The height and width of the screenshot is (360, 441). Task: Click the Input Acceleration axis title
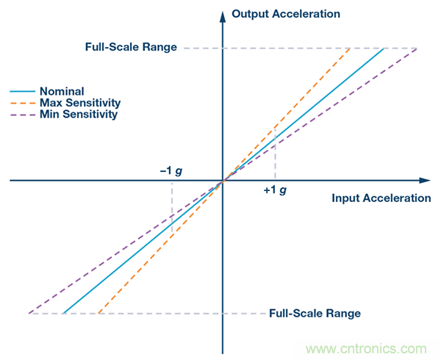[381, 198]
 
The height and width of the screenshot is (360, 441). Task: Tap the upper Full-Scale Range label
[131, 47]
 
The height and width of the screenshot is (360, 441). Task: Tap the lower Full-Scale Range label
[315, 313]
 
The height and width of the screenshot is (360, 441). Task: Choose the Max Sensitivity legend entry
[80, 103]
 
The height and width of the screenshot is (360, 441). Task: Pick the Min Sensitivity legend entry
[79, 115]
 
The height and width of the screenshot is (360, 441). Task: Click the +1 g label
[274, 190]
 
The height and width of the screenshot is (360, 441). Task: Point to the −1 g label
[171, 170]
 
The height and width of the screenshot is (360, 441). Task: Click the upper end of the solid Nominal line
[384, 48]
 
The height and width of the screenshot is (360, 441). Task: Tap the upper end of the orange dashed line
[349, 48]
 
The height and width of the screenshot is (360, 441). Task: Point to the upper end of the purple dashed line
[417, 48]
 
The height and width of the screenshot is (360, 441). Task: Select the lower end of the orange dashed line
[98, 313]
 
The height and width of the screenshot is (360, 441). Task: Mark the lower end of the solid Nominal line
[63, 313]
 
